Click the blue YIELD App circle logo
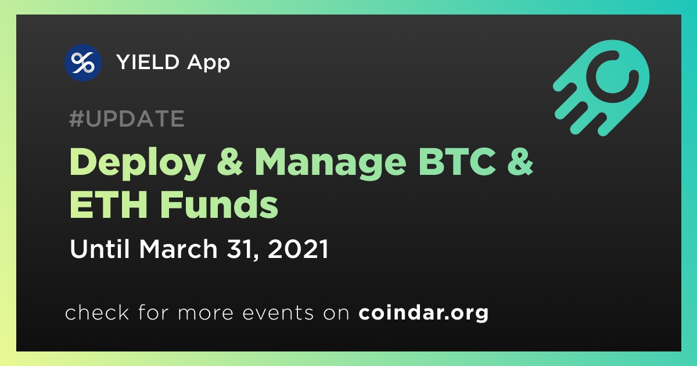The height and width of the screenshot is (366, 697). (83, 63)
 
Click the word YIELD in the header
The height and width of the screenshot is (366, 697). (148, 62)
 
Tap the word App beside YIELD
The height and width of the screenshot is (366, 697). (209, 63)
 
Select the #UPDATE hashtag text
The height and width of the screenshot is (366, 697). (127, 119)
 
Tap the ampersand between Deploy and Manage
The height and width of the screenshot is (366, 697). (230, 162)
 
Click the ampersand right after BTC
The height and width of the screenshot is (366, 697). (520, 162)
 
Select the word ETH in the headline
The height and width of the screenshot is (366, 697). (108, 204)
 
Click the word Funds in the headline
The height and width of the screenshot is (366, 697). (219, 204)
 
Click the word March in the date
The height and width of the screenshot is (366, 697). (178, 249)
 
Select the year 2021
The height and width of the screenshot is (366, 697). (298, 249)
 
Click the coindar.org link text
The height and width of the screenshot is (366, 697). (423, 313)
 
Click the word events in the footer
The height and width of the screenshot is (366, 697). (278, 313)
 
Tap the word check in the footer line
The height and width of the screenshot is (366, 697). (97, 312)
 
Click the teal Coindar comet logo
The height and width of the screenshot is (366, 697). (602, 88)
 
